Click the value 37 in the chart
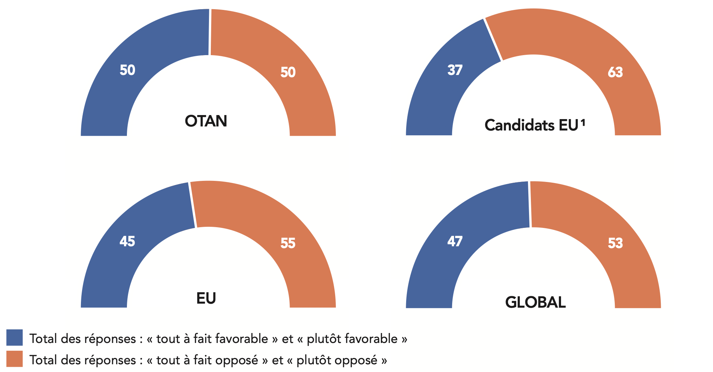[455, 70]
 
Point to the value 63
[615, 72]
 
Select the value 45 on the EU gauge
[127, 242]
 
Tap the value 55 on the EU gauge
[288, 243]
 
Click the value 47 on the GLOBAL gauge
[455, 242]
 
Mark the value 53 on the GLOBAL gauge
[615, 243]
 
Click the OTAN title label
[206, 121]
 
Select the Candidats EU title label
[531, 126]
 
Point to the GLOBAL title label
[535, 303]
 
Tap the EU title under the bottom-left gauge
[206, 298]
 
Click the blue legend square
[15, 337]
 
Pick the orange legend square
[15, 359]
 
